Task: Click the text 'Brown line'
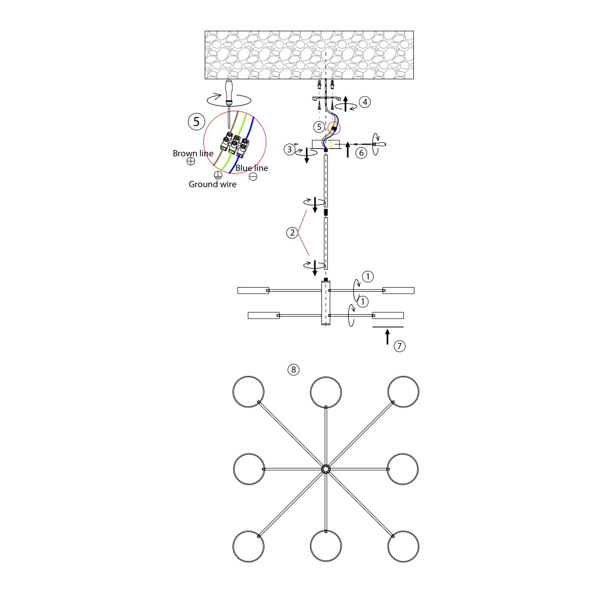tap(193, 154)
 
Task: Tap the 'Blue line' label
tap(251, 168)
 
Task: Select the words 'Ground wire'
tap(212, 184)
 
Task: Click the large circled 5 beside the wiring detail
tap(196, 122)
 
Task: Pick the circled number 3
tap(289, 150)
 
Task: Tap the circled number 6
tap(362, 152)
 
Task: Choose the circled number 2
tap(291, 233)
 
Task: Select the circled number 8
tap(293, 369)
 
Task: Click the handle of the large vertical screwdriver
tap(229, 91)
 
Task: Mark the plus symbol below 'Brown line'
tap(191, 161)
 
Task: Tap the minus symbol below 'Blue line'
tap(253, 176)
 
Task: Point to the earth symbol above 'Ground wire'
tap(218, 175)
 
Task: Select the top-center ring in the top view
tap(326, 391)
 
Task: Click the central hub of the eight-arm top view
tap(326, 468)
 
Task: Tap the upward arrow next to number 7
tap(387, 337)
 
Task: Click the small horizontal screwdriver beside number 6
tap(372, 144)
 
